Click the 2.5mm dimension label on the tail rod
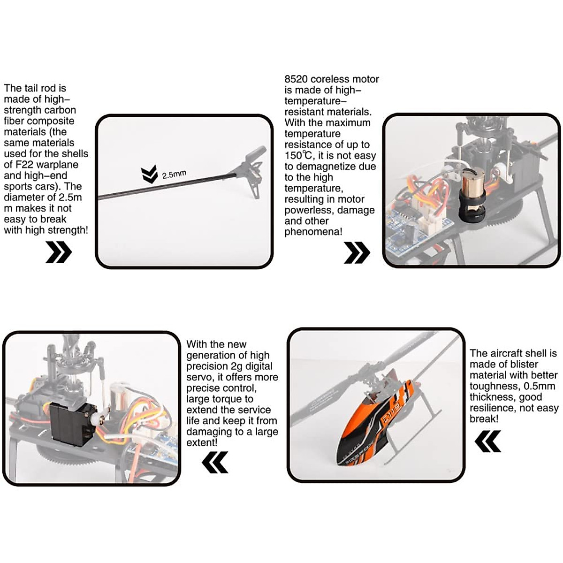(x=174, y=175)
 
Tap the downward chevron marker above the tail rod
(x=149, y=174)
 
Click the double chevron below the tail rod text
(x=59, y=252)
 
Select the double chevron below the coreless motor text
(x=357, y=253)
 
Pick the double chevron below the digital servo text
(x=215, y=462)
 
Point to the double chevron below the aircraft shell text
(x=488, y=441)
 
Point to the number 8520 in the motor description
(x=296, y=79)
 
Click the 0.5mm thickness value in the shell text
(x=539, y=386)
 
